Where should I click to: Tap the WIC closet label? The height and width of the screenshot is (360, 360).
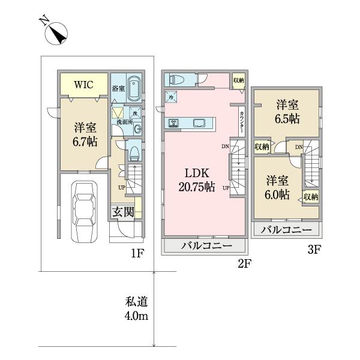tap(83, 85)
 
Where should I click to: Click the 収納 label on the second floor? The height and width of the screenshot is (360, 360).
tap(239, 80)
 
